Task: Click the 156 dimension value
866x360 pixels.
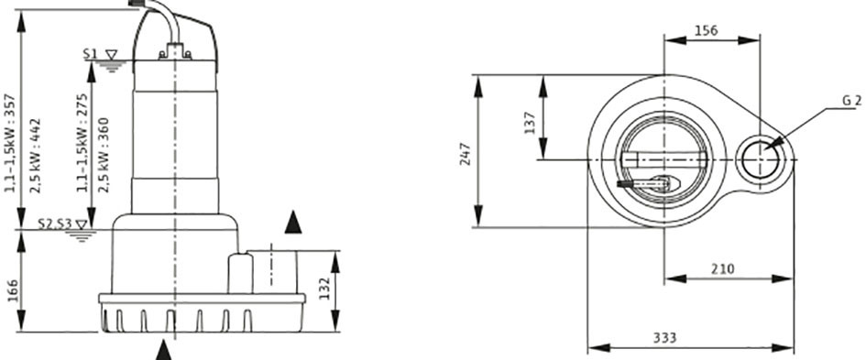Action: coord(707,31)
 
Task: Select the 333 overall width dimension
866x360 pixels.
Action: coord(664,337)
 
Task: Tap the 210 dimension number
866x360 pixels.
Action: coord(723,269)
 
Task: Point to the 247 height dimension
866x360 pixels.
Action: coord(465,154)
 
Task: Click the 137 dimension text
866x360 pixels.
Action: coord(531,123)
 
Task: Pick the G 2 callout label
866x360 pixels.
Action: coord(852,101)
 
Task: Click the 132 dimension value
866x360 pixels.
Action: coord(323,289)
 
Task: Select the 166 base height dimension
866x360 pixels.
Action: coord(13,290)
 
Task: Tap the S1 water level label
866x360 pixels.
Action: coord(91,53)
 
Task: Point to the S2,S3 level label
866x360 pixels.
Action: coord(55,224)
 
